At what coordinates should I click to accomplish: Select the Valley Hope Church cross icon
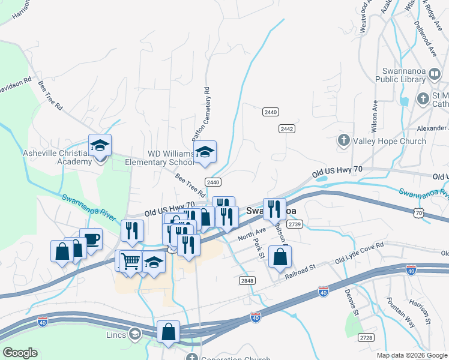(344, 141)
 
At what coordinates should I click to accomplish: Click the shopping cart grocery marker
(130, 261)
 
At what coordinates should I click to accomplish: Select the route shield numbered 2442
(286, 128)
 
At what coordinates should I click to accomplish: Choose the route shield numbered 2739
(294, 224)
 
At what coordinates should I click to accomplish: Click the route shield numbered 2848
(247, 280)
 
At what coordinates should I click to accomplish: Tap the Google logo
(20, 352)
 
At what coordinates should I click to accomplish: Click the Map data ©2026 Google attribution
(412, 355)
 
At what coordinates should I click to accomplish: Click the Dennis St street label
(352, 304)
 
